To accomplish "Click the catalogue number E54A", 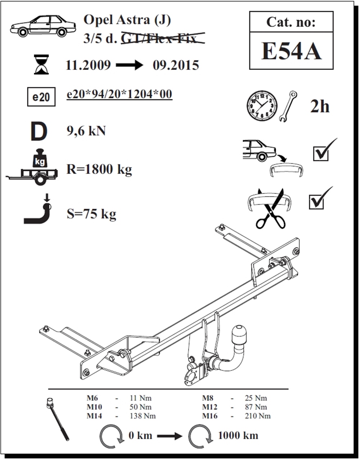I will tap(291, 51).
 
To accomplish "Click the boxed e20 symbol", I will tap(41, 97).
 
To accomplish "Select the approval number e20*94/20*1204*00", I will tap(120, 94).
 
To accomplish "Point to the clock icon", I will tap(262, 106).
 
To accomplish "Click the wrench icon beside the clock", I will tap(288, 106).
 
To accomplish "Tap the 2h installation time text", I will tap(320, 107).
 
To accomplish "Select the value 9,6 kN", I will tap(86, 131).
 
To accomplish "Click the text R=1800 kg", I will tap(99, 169).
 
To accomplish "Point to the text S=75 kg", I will tap(91, 214).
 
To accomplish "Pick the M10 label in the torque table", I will tap(94, 407).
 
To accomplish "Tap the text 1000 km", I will tap(238, 435).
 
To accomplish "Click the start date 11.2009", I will tap(88, 65).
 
